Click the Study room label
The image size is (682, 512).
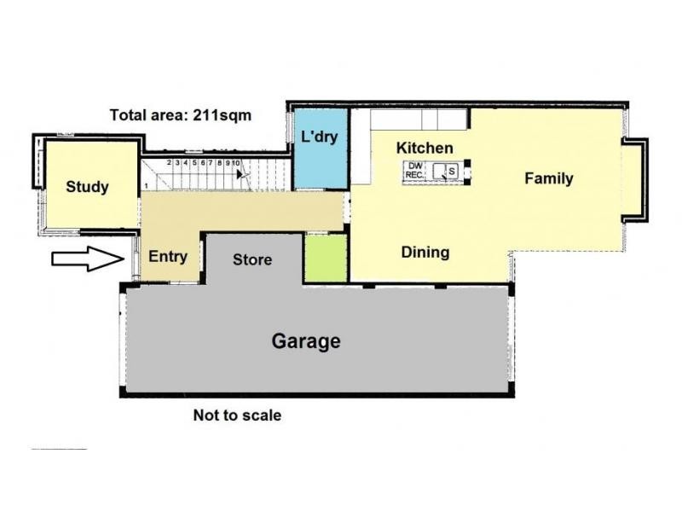(88, 186)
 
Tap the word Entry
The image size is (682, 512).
(167, 255)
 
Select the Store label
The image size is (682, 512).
(252, 259)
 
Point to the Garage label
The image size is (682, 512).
(306, 341)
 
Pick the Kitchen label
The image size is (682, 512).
(425, 148)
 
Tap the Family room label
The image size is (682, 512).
(548, 178)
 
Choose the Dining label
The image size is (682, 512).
(425, 253)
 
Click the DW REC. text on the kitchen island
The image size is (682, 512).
(416, 170)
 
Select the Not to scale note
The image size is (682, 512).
(237, 416)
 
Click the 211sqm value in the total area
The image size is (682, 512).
(225, 115)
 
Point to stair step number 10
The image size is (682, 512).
(235, 162)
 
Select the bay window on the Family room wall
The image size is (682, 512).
(635, 177)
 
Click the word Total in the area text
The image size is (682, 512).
(128, 115)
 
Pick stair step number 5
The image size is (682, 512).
(194, 162)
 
